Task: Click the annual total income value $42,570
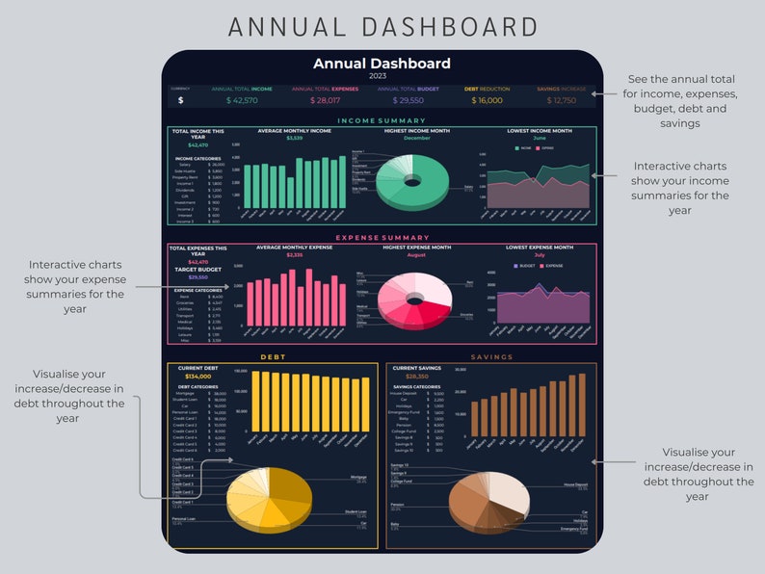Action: click(242, 100)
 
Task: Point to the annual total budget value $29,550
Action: click(407, 100)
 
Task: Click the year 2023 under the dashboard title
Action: click(382, 75)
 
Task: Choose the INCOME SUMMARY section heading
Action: click(382, 121)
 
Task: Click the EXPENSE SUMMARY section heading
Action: click(382, 238)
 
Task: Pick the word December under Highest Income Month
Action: click(417, 138)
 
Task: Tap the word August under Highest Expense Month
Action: click(416, 255)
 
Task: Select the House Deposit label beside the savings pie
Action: click(576, 485)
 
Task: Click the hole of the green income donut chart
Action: click(413, 180)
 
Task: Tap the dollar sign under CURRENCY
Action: click(180, 100)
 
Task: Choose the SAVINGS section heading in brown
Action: click(491, 357)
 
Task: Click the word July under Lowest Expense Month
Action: click(539, 255)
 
